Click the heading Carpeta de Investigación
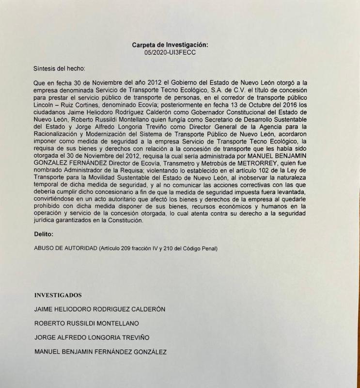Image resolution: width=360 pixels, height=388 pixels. click(x=170, y=45)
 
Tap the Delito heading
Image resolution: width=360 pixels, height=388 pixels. click(x=44, y=234)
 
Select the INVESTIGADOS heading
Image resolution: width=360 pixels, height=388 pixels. click(x=58, y=295)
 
